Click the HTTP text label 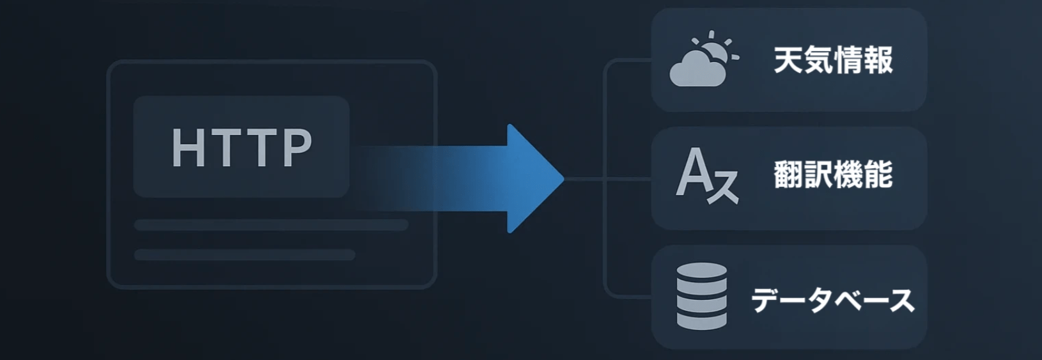242,148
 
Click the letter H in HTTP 187,148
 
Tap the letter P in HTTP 297,148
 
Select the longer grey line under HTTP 271,225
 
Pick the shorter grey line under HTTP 244,254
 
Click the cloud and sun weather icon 702,60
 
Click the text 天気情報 833,60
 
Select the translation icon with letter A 706,175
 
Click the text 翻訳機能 833,175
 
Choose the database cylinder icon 702,297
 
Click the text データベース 833,300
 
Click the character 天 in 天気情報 788,60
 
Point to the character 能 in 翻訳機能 878,175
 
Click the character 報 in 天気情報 878,60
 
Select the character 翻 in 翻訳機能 788,175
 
